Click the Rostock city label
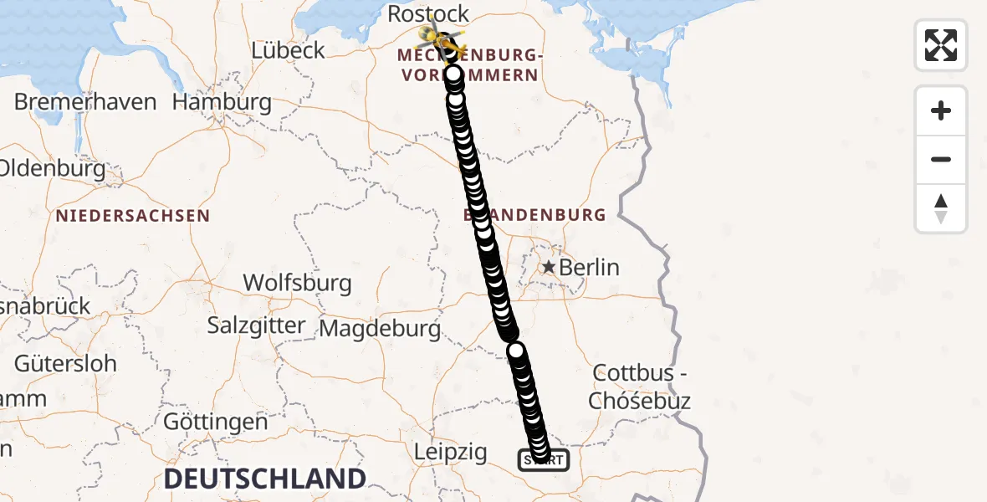(428, 14)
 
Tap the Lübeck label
(288, 50)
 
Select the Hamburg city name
(222, 103)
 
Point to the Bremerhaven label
(85, 102)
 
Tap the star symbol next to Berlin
(549, 268)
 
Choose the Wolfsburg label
(297, 283)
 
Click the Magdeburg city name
(380, 329)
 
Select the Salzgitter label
(256, 325)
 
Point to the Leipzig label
(451, 453)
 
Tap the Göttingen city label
(215, 422)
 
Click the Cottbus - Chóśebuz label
(640, 386)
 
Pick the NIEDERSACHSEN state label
(133, 216)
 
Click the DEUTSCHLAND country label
(265, 479)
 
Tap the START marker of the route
(544, 460)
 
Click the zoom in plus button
(941, 110)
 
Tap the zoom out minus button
(941, 159)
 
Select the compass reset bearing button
(941, 207)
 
